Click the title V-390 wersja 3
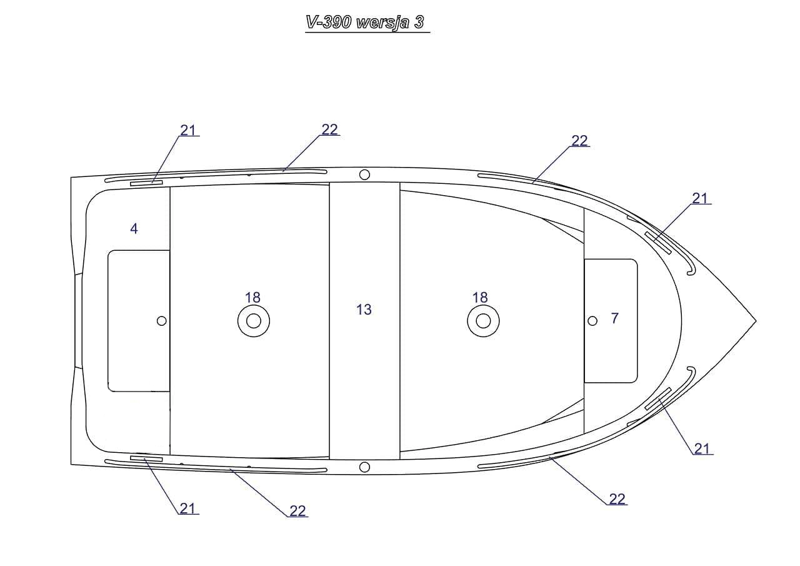(x=365, y=23)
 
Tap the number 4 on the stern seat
(x=134, y=229)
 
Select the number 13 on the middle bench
(x=364, y=310)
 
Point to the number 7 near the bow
(x=614, y=318)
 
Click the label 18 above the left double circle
(x=252, y=298)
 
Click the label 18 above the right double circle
(x=480, y=298)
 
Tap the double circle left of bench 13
(x=254, y=321)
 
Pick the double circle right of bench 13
(x=483, y=321)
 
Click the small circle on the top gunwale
(x=364, y=174)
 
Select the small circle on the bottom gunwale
(x=364, y=467)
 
